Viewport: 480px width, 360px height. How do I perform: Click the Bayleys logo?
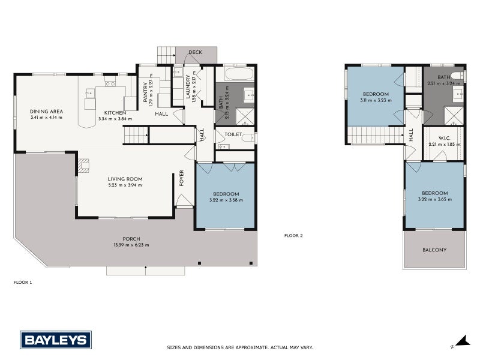[56, 340]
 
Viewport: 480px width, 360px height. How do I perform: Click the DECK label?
[195, 52]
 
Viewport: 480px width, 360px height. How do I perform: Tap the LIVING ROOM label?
[124, 179]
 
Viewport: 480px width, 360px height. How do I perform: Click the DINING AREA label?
[46, 112]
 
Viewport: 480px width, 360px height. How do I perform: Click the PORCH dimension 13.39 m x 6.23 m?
[131, 245]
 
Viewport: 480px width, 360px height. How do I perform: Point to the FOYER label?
[181, 178]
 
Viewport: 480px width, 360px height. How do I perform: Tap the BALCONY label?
[434, 250]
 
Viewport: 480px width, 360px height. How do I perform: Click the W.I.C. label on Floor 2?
[444, 137]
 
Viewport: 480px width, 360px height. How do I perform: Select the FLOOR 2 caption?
[293, 236]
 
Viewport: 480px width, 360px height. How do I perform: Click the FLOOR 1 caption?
[22, 281]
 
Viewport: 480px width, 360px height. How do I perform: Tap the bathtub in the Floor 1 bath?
[235, 74]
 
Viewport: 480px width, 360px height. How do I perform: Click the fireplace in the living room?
[83, 165]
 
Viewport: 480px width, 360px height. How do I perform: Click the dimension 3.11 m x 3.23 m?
[376, 101]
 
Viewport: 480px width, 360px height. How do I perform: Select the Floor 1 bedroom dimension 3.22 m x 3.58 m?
[226, 200]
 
